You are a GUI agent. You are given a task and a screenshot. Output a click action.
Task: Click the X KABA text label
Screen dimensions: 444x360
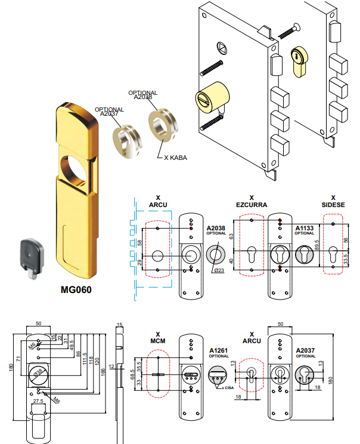(176, 158)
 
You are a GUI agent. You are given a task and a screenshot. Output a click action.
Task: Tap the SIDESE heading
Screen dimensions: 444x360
(333, 205)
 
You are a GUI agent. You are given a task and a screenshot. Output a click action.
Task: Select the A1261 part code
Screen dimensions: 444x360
(219, 350)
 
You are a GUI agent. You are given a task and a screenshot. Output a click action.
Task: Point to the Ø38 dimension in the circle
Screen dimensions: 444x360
(38, 372)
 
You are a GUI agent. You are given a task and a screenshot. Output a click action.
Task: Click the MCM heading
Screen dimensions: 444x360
(158, 341)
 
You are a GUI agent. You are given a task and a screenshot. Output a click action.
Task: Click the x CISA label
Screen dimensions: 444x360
(227, 389)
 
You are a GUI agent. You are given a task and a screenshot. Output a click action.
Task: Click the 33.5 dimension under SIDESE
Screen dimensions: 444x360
(345, 260)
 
